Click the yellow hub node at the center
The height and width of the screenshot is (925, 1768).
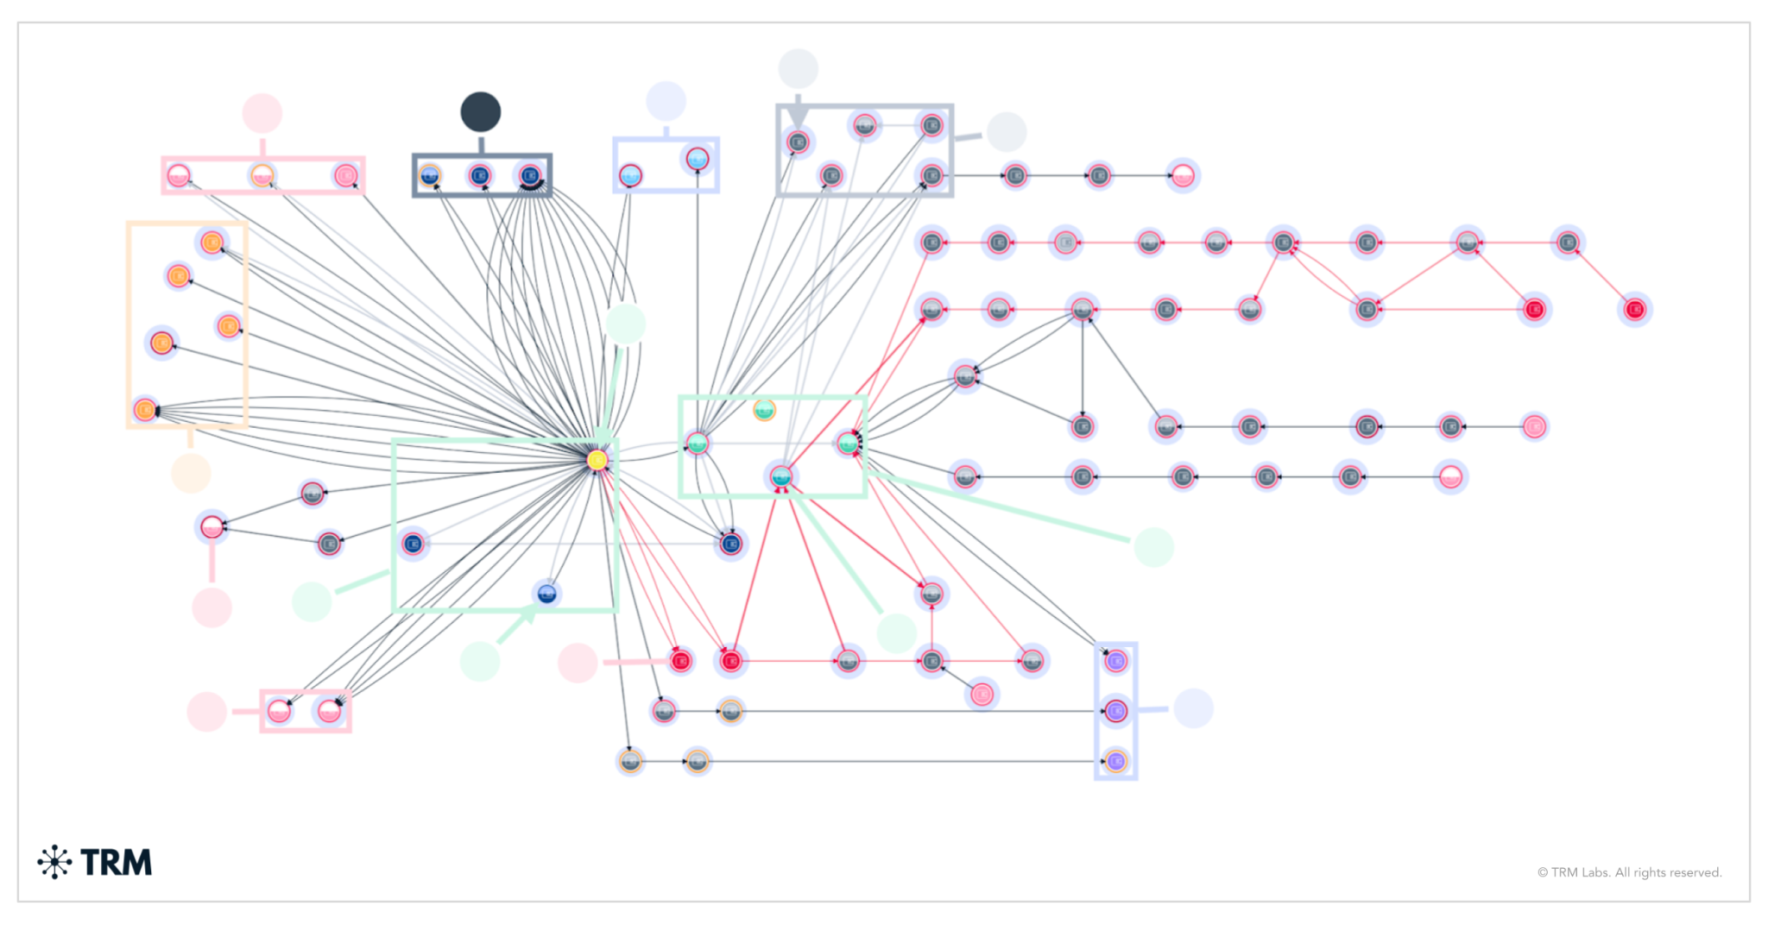[x=597, y=460]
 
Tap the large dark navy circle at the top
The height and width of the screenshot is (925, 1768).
[x=481, y=112]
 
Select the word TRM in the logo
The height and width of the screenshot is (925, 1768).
[x=116, y=862]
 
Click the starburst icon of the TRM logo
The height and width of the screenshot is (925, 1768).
[x=54, y=862]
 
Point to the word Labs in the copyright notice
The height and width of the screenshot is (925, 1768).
[x=1594, y=872]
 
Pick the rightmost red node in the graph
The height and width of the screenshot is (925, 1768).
[x=1634, y=309]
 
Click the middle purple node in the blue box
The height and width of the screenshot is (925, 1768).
[x=1116, y=711]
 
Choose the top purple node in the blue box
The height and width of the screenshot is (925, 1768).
[x=1116, y=661]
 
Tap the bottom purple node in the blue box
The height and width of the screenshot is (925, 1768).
[x=1116, y=761]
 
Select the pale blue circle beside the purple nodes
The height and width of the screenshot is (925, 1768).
[x=1193, y=708]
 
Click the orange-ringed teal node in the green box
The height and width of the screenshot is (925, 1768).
[x=764, y=410]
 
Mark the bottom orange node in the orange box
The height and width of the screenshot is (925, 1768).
[x=145, y=410]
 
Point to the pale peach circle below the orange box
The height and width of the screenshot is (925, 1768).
[x=191, y=473]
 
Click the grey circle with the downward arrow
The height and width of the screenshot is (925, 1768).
[x=798, y=69]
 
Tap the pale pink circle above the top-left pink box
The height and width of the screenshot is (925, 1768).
[x=262, y=114]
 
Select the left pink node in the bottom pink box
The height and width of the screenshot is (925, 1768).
[x=278, y=712]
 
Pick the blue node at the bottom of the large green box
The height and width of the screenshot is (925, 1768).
[x=546, y=594]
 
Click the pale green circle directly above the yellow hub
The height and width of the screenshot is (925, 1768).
[x=626, y=324]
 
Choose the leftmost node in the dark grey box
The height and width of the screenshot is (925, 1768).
[x=430, y=176]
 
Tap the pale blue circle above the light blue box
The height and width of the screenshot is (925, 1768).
[x=666, y=102]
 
